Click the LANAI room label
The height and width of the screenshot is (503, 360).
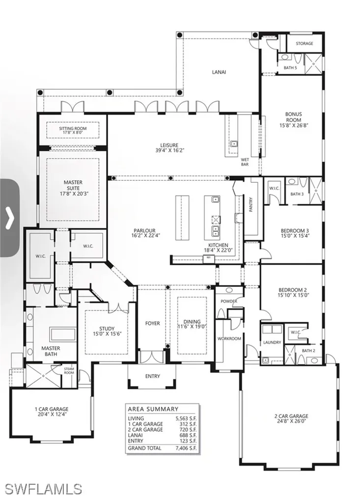click(219, 72)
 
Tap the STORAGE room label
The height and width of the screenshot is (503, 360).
click(304, 44)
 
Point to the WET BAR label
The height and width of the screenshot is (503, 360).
click(245, 163)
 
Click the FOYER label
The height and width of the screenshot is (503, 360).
click(152, 324)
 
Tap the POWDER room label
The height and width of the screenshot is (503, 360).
click(229, 301)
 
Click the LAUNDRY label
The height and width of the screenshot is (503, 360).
click(272, 342)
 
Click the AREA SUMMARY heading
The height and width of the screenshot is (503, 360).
click(153, 409)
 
